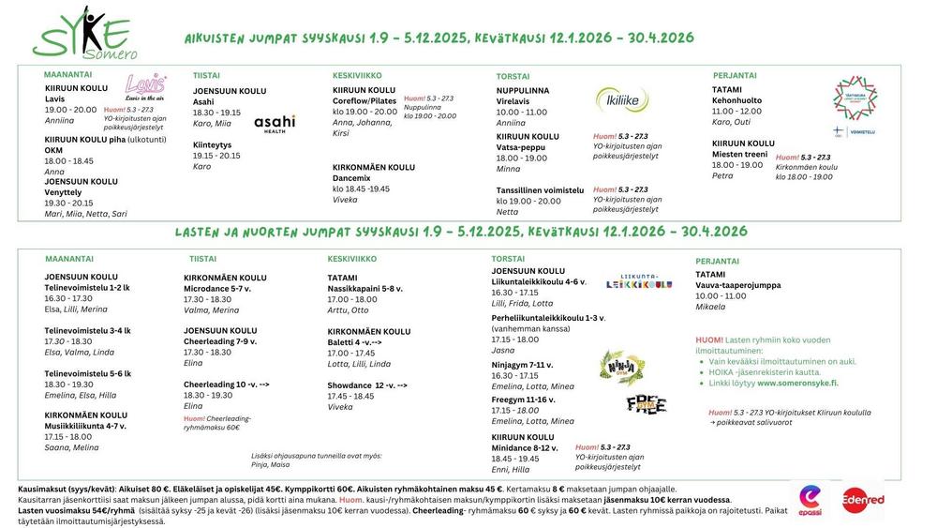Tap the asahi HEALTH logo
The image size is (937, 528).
[275, 123]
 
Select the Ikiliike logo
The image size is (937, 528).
[621, 98]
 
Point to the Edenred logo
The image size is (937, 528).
[863, 500]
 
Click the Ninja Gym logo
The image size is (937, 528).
[617, 367]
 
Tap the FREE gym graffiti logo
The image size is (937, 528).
[646, 404]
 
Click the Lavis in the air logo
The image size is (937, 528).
[145, 87]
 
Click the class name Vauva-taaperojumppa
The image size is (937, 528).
[737, 285]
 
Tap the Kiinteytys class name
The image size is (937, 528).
[212, 144]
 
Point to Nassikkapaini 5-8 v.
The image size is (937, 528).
[364, 289]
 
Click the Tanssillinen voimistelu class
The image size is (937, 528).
[540, 189]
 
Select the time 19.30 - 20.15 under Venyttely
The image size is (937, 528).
[69, 203]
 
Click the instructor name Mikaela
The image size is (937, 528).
[710, 307]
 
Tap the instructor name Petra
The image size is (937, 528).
[722, 175]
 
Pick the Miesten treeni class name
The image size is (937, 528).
[739, 154]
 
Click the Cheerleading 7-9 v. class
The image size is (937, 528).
[221, 341]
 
